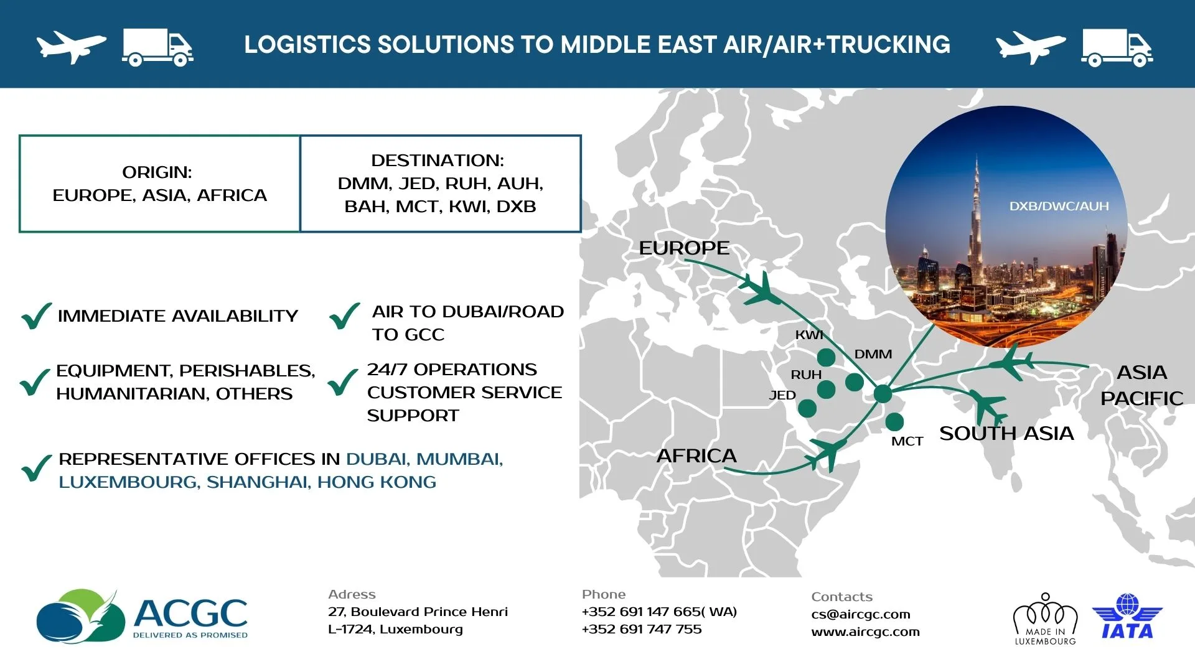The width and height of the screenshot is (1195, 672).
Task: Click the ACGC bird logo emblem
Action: [81, 616]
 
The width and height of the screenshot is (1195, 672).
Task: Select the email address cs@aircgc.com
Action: [861, 614]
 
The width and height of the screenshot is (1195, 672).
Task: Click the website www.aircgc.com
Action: [866, 632]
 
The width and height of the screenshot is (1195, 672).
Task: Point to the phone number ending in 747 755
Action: [642, 629]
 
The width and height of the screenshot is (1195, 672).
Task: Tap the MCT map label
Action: [907, 441]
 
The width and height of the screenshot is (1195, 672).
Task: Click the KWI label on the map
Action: [809, 335]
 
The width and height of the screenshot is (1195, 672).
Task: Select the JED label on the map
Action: [782, 395]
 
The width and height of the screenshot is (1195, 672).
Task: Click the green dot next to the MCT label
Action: [894, 422]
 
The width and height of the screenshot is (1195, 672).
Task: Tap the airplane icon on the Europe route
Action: [761, 289]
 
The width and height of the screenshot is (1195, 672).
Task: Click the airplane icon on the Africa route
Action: [827, 452]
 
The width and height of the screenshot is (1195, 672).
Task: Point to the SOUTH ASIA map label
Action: [1006, 433]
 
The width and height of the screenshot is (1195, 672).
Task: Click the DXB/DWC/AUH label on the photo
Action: [1059, 206]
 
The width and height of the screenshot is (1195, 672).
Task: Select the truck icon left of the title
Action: [157, 47]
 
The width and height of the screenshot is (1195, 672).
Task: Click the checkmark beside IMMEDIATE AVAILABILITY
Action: [36, 315]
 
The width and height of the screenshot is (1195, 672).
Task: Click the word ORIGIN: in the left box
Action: [157, 172]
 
